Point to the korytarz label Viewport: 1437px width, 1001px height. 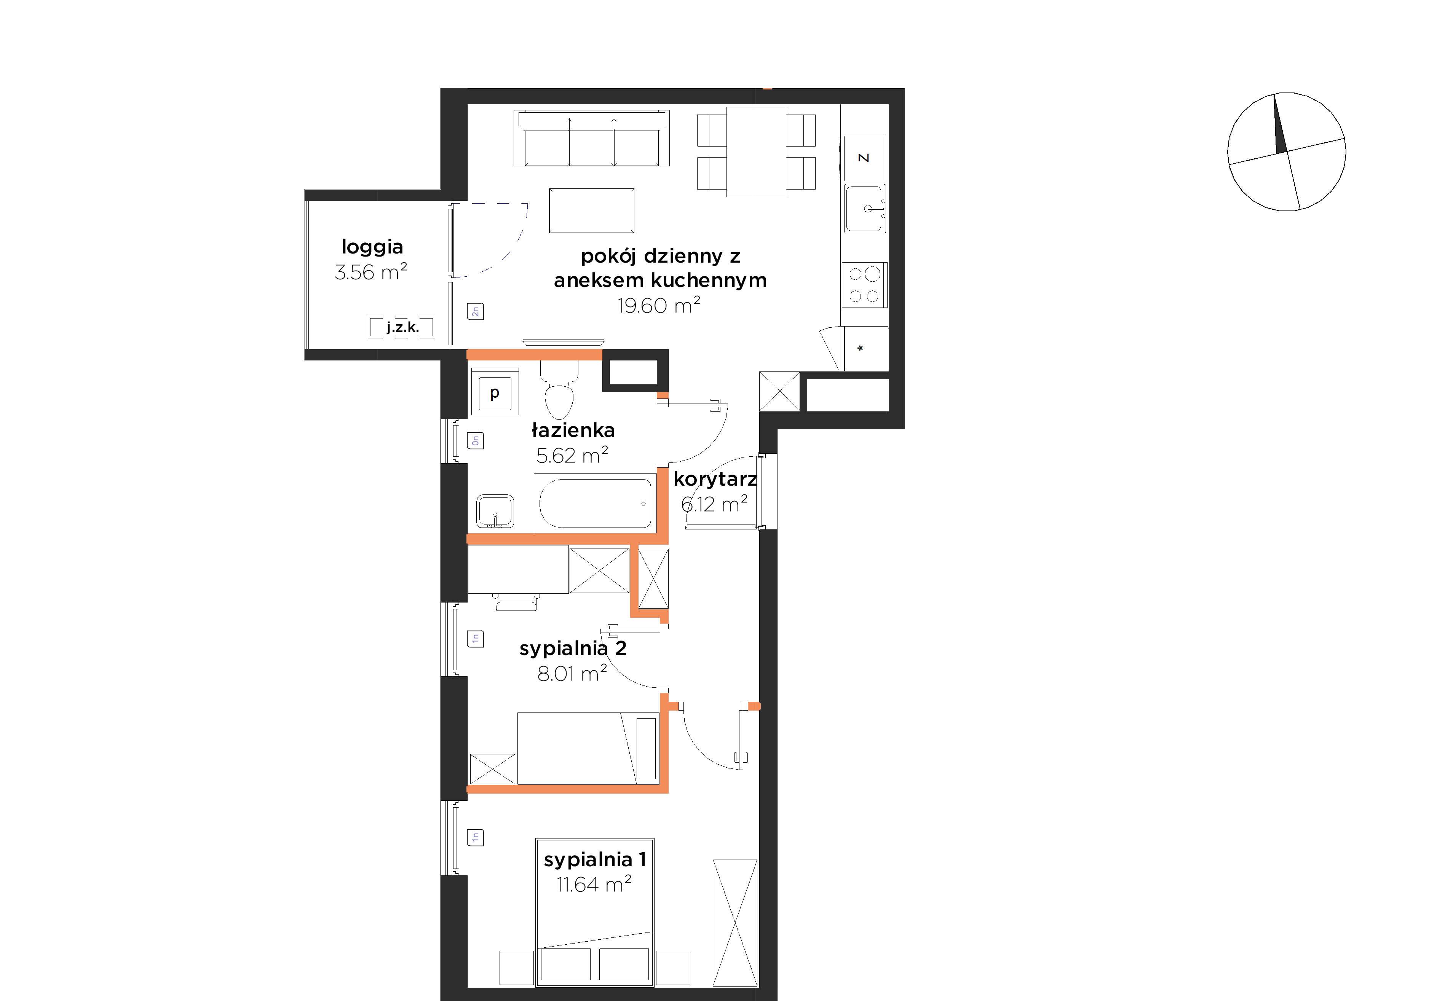(715, 479)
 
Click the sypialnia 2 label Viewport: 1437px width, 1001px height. (573, 649)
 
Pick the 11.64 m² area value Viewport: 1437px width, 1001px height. (593, 884)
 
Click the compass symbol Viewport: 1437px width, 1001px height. (1287, 151)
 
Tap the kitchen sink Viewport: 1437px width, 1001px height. (865, 208)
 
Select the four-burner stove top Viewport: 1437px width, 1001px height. (864, 285)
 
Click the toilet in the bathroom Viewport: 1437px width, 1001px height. (559, 391)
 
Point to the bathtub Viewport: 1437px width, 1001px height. (595, 503)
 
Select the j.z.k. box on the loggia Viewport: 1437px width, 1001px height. (402, 327)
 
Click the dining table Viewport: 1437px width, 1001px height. (756, 152)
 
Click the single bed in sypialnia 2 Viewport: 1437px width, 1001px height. (588, 748)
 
